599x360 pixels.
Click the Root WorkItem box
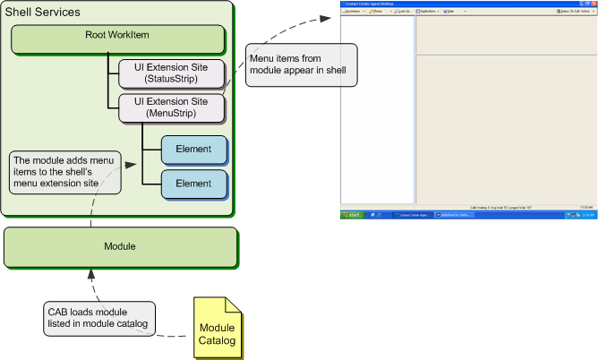[x=117, y=39]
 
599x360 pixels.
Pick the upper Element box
[x=193, y=150]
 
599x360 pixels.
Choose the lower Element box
[x=193, y=184]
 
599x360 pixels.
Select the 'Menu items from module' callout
[x=301, y=70]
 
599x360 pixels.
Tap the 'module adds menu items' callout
[x=64, y=173]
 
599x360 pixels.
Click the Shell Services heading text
[x=43, y=13]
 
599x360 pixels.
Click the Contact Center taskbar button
[x=411, y=216]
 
